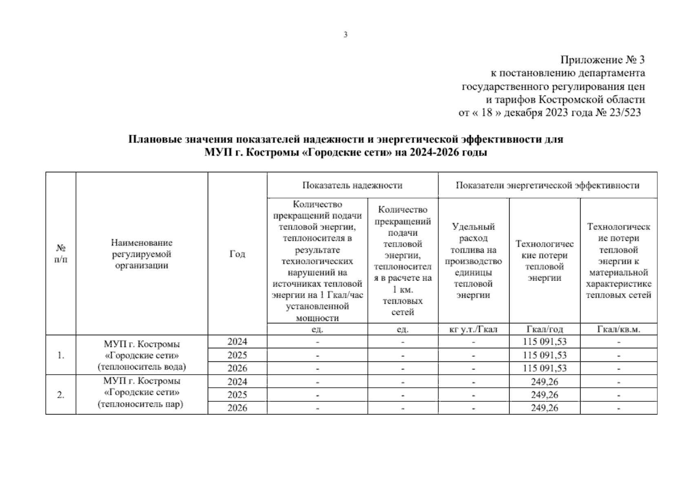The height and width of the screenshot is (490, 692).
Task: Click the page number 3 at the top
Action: [x=345, y=35]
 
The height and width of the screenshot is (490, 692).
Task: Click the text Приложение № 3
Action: [x=602, y=60]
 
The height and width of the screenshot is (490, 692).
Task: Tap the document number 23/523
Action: [x=624, y=113]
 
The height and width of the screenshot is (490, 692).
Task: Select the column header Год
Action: [x=237, y=254]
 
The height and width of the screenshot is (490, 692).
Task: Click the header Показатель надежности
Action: [x=352, y=185]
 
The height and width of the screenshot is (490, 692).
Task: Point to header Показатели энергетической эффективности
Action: [x=547, y=185]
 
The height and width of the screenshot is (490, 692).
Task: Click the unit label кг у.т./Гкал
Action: [x=473, y=329]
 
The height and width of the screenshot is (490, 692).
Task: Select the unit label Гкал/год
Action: [x=545, y=329]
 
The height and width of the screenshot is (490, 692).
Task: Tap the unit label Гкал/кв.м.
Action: [x=618, y=329]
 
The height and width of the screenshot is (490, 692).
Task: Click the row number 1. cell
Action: [x=61, y=355]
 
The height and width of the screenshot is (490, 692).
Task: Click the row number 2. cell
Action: [x=61, y=395]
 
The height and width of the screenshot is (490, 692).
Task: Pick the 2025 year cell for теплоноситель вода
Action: [x=237, y=355]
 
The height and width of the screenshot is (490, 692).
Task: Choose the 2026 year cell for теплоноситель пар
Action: [x=237, y=408]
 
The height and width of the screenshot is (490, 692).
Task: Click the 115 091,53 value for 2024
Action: [x=545, y=341]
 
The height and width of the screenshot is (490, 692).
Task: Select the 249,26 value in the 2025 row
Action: [x=545, y=395]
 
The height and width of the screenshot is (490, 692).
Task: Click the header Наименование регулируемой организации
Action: [x=142, y=254]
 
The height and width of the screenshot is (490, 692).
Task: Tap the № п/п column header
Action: [x=61, y=254]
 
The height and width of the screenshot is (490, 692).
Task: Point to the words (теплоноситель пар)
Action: [x=140, y=405]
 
